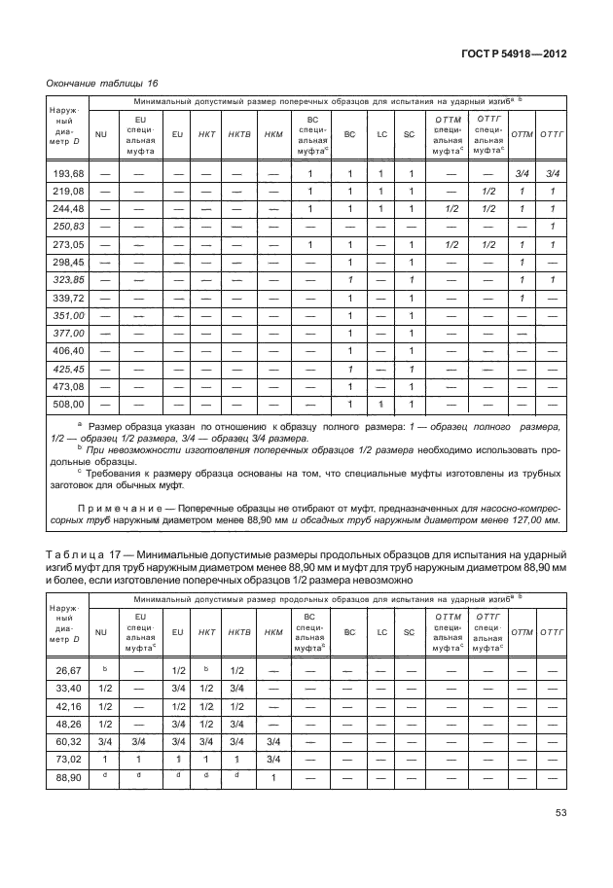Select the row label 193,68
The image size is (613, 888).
pyautogui.click(x=68, y=174)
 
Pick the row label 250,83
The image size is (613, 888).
pyautogui.click(x=68, y=227)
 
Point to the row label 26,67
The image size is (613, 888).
pyautogui.click(x=68, y=671)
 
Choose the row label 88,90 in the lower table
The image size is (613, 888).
pyautogui.click(x=68, y=777)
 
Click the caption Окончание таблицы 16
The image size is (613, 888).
pyautogui.click(x=102, y=85)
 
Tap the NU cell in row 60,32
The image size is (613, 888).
pyautogui.click(x=102, y=741)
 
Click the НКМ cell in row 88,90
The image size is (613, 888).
pyautogui.click(x=273, y=777)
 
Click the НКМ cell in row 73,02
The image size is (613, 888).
pyautogui.click(x=273, y=760)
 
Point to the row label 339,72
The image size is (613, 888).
pyautogui.click(x=68, y=298)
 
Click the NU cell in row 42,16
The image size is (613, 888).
pyautogui.click(x=102, y=706)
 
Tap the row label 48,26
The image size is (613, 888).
pyautogui.click(x=68, y=724)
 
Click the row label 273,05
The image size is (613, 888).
pyautogui.click(x=68, y=244)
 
